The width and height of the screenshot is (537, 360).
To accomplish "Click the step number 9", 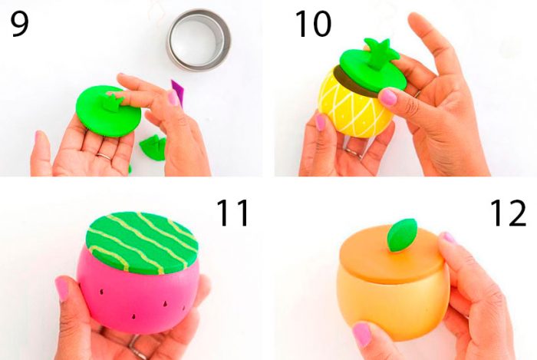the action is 20,23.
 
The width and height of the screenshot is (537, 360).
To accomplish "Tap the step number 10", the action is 313,23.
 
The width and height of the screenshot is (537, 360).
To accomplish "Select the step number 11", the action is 233,213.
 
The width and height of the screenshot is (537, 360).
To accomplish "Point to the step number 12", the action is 508,213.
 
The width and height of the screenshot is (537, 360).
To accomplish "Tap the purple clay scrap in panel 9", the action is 177,91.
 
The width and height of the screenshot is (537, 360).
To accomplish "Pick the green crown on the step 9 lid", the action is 113,102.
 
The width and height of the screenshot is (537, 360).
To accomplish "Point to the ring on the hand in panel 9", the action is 104,156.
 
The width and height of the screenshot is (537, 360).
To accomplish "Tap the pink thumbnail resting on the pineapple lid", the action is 389,97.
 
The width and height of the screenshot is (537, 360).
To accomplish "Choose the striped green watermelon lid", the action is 142,243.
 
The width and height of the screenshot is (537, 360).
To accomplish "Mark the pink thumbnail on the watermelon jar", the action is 62,289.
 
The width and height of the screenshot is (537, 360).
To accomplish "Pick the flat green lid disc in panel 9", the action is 108,112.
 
